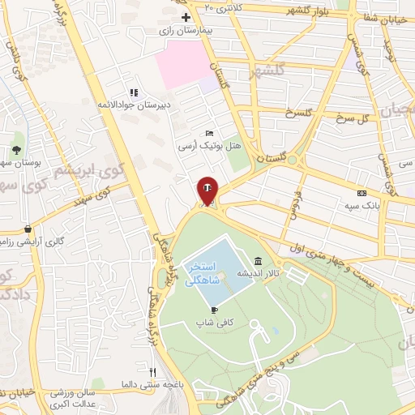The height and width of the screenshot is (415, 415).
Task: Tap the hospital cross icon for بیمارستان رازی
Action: (186, 16)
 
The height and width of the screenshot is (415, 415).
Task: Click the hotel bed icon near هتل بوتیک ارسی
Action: (210, 134)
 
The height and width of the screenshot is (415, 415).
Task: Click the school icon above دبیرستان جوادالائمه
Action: (134, 92)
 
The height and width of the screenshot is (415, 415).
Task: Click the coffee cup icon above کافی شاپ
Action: (214, 310)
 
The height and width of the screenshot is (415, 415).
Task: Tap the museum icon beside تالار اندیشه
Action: (258, 261)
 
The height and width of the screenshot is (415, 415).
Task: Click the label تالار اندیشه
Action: (258, 274)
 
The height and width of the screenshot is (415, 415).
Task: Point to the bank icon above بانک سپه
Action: (362, 193)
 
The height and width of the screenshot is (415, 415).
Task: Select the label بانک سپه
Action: (362, 206)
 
